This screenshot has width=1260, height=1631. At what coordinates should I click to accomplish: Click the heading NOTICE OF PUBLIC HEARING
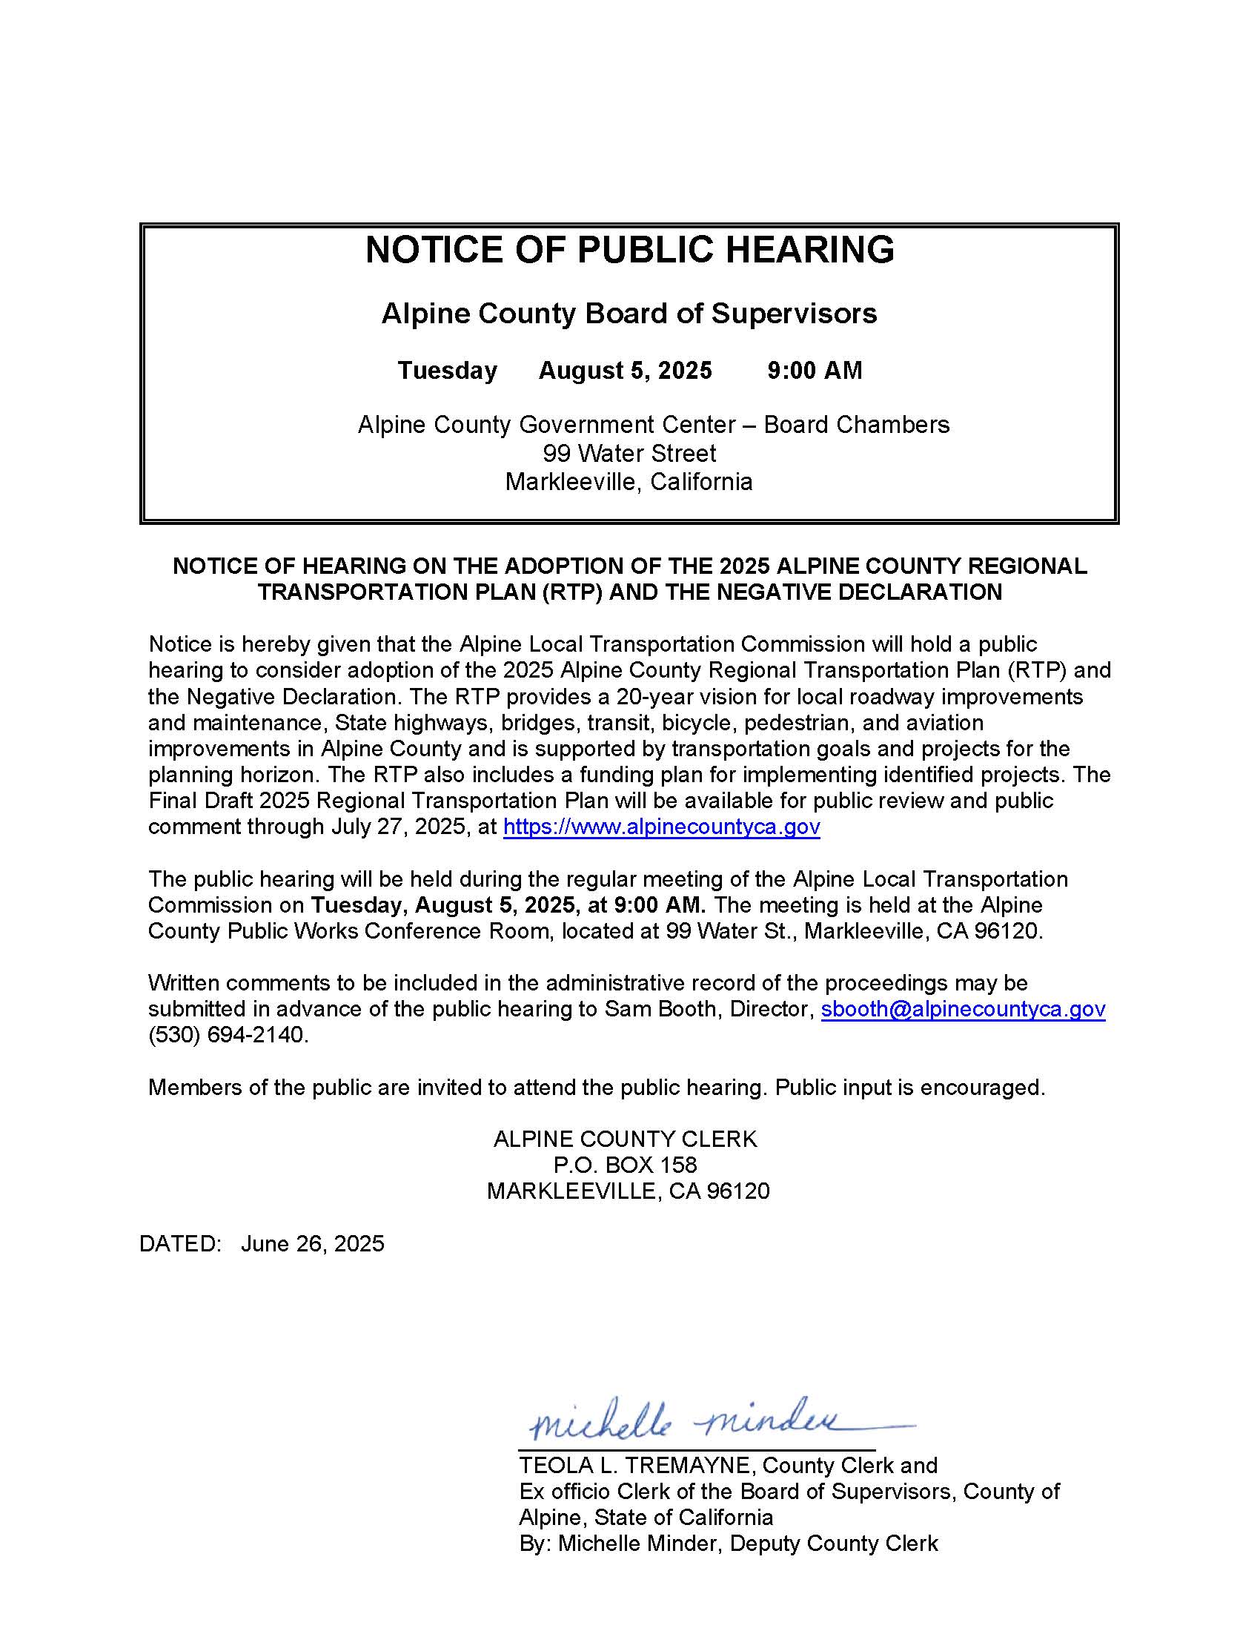(x=629, y=249)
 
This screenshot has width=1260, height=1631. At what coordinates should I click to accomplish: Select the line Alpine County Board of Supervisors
(x=629, y=314)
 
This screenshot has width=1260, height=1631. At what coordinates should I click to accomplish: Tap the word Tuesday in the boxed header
(x=447, y=371)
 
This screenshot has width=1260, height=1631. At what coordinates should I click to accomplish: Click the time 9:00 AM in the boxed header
(x=815, y=371)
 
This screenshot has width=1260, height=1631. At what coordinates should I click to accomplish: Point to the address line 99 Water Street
(x=629, y=453)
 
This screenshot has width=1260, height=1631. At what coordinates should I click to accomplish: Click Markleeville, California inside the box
(x=629, y=482)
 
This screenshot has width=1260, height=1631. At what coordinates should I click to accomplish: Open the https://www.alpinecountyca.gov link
(x=661, y=827)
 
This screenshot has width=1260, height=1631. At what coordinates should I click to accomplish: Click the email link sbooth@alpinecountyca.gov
(x=963, y=1009)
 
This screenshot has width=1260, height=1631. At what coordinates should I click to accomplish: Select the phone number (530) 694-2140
(x=228, y=1035)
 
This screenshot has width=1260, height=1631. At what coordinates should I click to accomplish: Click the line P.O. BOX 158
(x=625, y=1164)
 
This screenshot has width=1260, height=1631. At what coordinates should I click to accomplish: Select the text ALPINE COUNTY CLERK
(x=625, y=1139)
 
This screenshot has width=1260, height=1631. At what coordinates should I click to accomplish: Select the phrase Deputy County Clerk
(x=834, y=1544)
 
